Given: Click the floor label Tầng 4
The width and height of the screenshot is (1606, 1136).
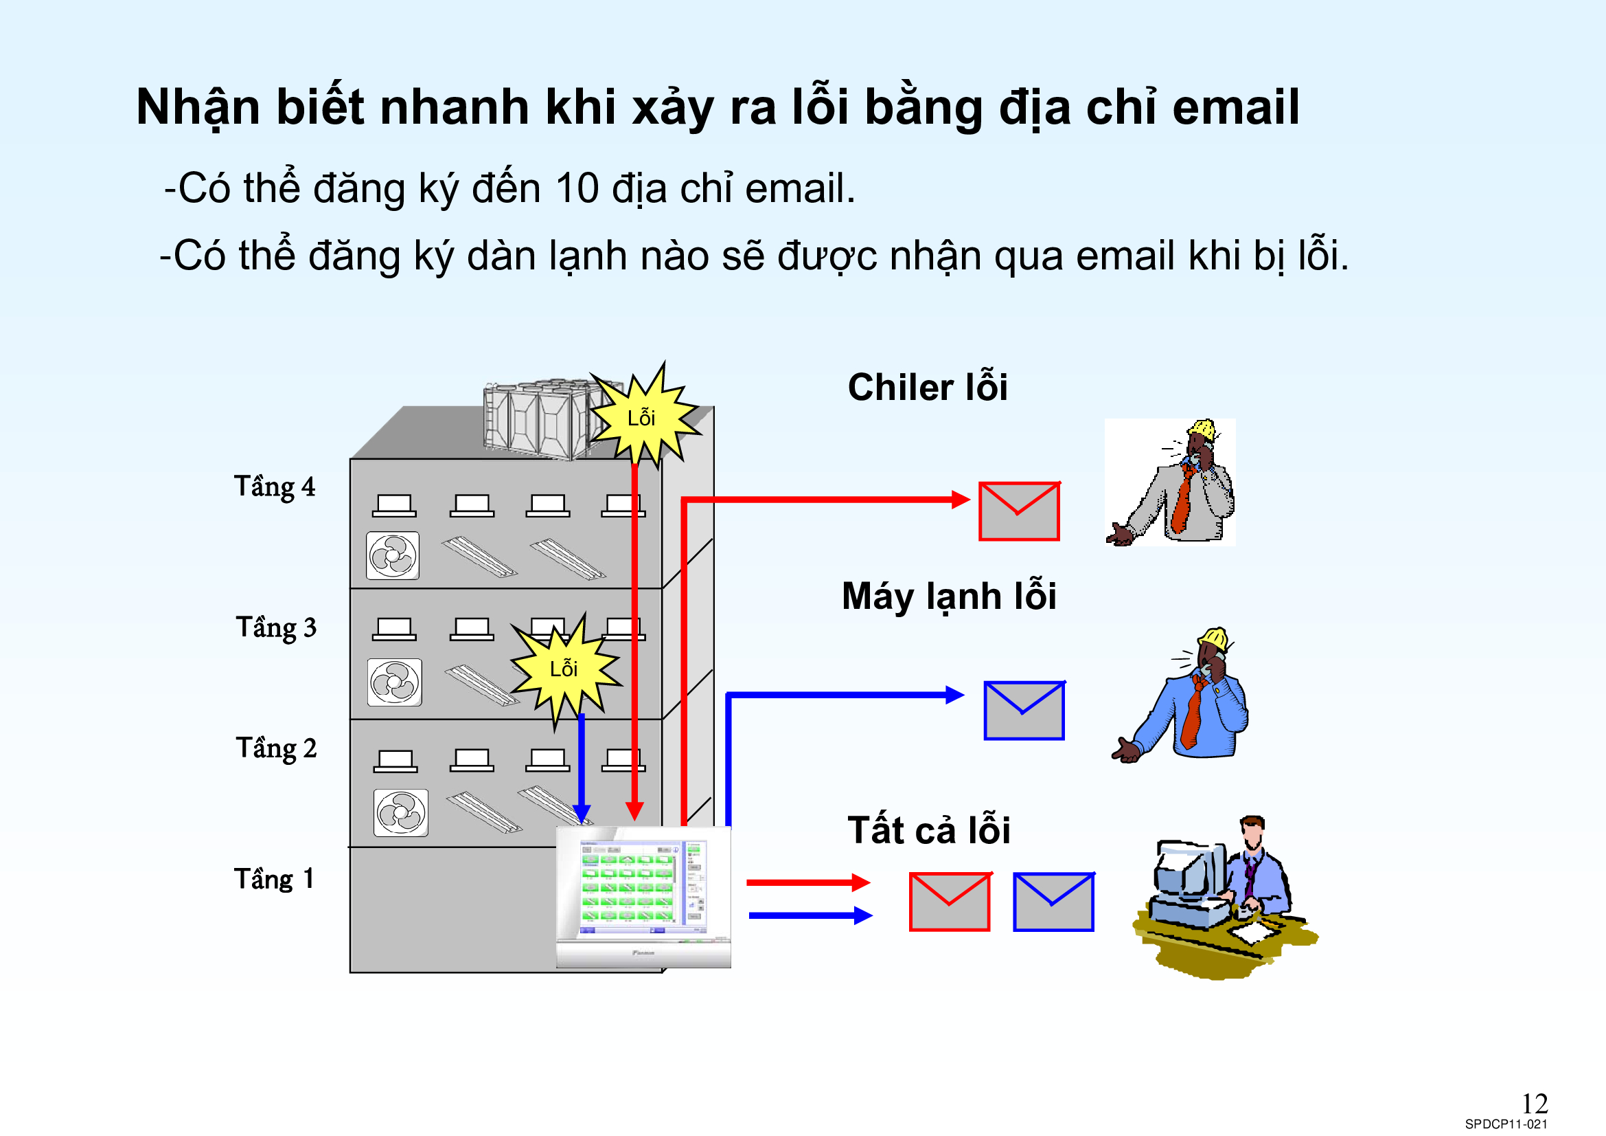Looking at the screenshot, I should point(274,487).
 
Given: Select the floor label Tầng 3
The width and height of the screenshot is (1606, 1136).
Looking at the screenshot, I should point(275,627).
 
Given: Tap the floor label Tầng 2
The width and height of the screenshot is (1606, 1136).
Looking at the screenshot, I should point(275,748).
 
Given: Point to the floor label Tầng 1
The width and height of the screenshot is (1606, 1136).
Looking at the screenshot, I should point(273,879).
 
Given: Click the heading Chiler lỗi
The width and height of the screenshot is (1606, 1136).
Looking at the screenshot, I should point(928,387).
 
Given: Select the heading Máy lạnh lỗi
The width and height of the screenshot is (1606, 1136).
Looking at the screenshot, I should point(948,597).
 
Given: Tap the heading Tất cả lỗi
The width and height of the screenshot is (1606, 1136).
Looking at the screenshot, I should point(929,830).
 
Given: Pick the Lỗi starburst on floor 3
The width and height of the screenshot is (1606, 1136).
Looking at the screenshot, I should point(564,669).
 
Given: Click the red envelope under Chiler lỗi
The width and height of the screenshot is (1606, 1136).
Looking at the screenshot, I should point(1018,511).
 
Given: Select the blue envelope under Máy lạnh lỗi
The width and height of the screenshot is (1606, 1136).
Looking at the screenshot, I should point(1024,711).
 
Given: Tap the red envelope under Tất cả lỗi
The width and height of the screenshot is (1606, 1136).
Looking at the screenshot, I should point(949,902).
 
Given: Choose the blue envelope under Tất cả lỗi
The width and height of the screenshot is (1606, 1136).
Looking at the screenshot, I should point(1053,902).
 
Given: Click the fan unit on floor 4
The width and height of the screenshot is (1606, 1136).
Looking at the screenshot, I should point(393,556).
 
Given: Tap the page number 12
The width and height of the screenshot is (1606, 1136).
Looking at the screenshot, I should point(1534,1104).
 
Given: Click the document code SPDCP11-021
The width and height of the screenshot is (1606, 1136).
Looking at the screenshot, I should point(1506,1124).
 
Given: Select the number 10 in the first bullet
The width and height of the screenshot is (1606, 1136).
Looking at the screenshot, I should point(576,188).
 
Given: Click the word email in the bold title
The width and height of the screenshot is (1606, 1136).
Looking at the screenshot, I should point(1235,107).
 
